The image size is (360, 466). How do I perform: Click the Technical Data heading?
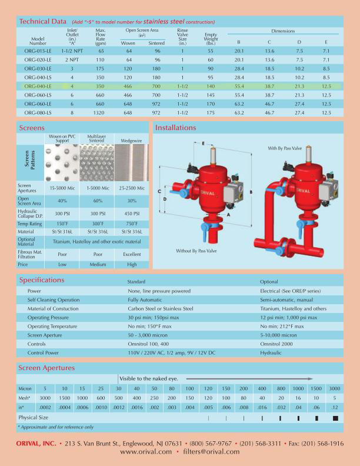(43, 22)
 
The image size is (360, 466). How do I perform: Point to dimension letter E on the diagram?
(203, 143)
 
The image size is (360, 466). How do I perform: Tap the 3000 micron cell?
(335, 389)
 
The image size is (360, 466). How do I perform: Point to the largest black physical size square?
(335, 418)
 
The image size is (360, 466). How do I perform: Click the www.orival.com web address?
(145, 452)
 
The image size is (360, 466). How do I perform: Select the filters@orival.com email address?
(211, 452)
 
